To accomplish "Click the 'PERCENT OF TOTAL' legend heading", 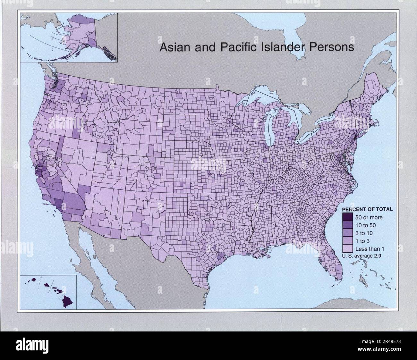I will tap(368, 209).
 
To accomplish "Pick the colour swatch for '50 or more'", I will tap(348, 217).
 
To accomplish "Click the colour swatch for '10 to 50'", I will tap(348, 225).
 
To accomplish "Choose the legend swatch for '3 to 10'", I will tap(348, 233).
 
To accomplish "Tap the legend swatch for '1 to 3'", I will tap(348, 240).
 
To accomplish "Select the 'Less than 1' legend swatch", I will tap(348, 248).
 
